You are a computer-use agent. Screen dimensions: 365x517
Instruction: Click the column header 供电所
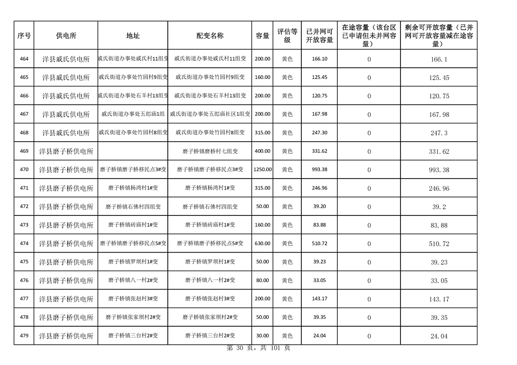pos(66,35)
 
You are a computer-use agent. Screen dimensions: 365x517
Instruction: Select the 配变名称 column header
pos(210,35)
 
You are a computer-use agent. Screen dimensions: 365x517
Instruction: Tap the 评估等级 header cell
pos(287,35)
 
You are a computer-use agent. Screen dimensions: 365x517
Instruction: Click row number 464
pos(24,59)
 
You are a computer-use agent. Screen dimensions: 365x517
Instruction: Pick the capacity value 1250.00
pos(263,170)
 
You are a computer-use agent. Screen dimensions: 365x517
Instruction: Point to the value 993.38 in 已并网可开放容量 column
pos(319,170)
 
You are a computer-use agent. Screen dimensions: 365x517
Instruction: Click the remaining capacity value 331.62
pos(439,151)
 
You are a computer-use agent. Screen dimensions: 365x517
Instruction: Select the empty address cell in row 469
pos(133,151)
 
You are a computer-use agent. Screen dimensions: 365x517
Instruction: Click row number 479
pos(24,336)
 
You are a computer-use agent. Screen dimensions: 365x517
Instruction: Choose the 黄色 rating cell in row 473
pos(287,225)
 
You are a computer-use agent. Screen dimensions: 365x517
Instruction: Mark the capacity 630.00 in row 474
pos(263,243)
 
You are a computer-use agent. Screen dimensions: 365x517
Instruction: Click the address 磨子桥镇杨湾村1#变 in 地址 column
pos(133,188)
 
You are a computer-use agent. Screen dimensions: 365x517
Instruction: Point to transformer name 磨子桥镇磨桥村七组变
pos(210,151)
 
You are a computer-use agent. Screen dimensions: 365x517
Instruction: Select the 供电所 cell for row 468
pos(66,133)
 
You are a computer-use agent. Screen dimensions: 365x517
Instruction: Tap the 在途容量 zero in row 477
pos(369,299)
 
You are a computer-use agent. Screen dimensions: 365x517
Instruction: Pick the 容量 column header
pos(263,35)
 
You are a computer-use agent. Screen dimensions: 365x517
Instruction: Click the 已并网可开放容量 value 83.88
pos(319,225)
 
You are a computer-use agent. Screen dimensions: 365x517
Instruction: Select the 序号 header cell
pos(24,35)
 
